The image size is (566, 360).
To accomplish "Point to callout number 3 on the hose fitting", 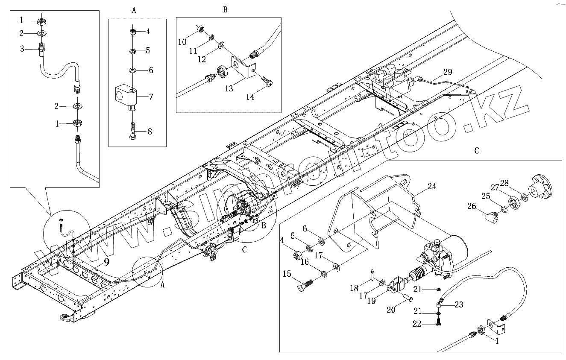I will pyautogui.click(x=22, y=48).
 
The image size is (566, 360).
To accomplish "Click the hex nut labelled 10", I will pyautogui.click(x=201, y=29).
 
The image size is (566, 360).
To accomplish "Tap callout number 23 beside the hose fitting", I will pyautogui.click(x=459, y=305).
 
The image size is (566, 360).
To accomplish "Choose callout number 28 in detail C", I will pyautogui.click(x=516, y=183).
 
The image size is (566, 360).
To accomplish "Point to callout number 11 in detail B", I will pyautogui.click(x=194, y=50).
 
